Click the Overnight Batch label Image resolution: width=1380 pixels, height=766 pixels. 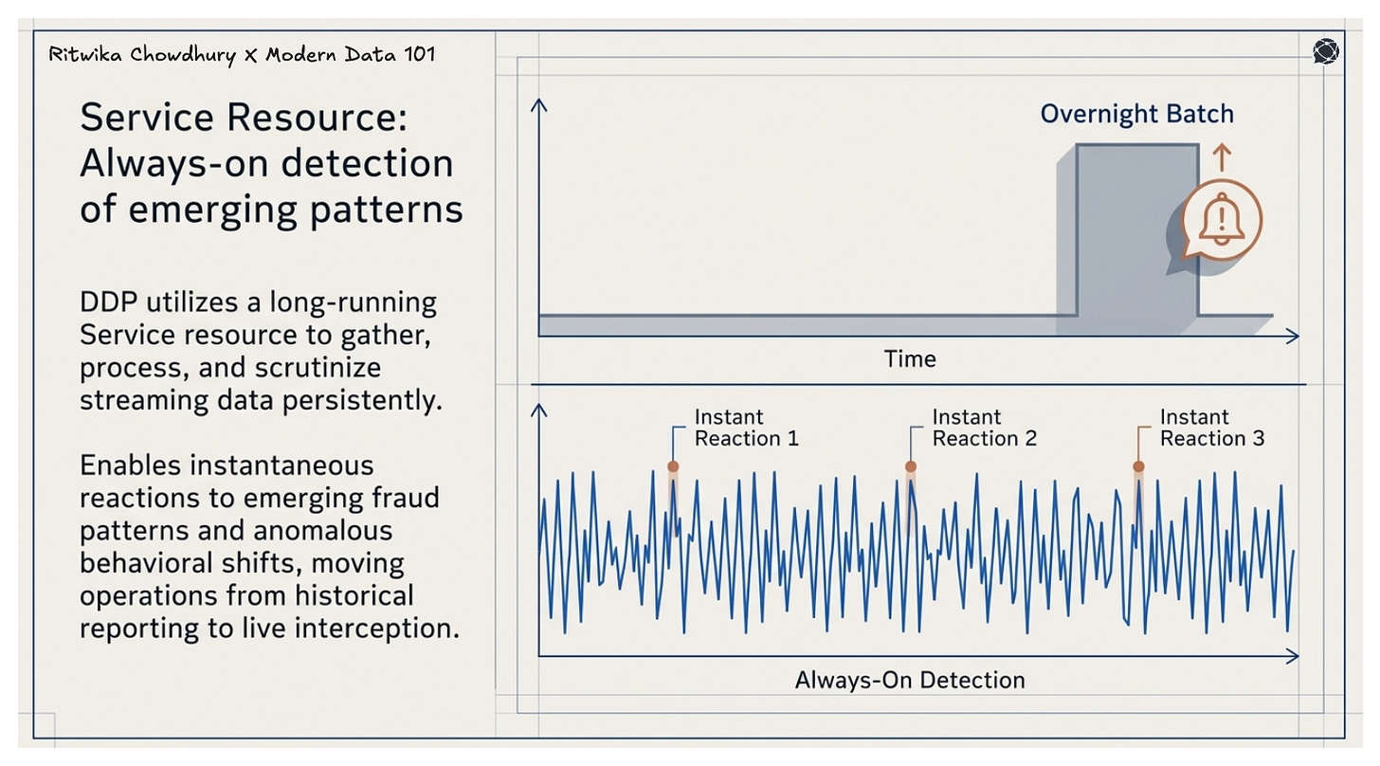click(x=1136, y=115)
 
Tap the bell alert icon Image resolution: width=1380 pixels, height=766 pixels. click(x=1223, y=219)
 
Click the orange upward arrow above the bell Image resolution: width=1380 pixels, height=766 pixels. click(x=1222, y=156)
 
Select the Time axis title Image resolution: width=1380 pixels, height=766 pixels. click(x=909, y=359)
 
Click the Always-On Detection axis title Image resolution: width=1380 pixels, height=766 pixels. click(x=909, y=680)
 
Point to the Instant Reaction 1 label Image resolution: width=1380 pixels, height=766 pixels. click(x=746, y=428)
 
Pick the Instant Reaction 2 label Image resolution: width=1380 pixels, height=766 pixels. click(x=984, y=428)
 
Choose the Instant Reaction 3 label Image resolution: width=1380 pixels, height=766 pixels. click(x=1211, y=428)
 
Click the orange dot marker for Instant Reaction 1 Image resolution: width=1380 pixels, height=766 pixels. click(x=673, y=466)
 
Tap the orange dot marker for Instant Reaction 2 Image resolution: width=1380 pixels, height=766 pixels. click(x=910, y=466)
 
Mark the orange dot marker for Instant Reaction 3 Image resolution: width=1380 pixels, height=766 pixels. click(x=1138, y=466)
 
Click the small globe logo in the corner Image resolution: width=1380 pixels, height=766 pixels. click(x=1326, y=52)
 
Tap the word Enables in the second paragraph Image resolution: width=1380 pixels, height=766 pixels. click(x=132, y=465)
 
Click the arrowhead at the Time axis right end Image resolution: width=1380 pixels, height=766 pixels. click(x=1293, y=336)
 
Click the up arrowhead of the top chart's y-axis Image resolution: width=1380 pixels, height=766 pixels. click(x=539, y=103)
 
